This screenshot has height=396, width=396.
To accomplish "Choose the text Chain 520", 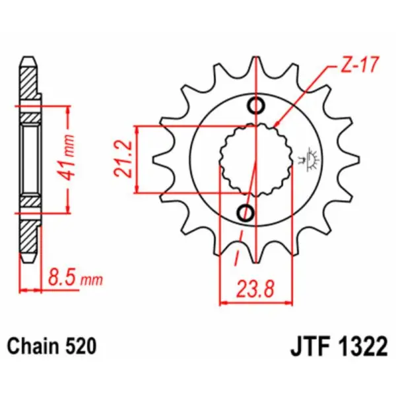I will pos(52,346).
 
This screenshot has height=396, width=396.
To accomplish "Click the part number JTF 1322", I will pos(337,346).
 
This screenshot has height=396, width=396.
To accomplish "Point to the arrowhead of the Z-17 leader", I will pos(276,124).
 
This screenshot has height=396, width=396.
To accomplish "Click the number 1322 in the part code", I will pos(360,346).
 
